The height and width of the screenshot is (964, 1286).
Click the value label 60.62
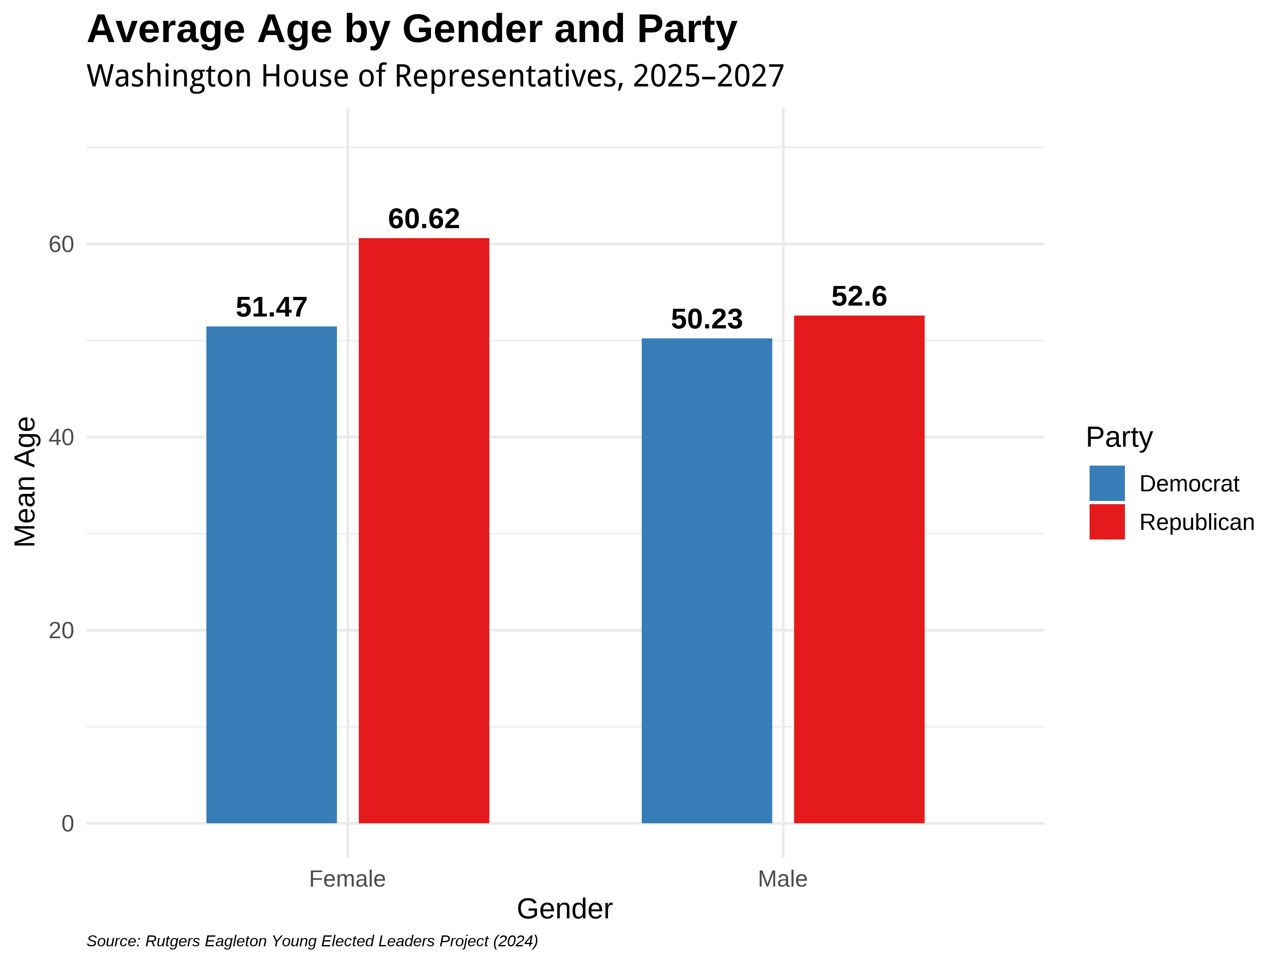click(x=424, y=219)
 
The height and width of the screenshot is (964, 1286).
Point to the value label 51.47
click(x=271, y=308)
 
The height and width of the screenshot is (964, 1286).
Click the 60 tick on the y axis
click(x=61, y=245)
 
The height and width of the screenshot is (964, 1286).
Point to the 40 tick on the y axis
click(x=61, y=438)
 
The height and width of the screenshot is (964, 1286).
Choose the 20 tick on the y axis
click(x=61, y=630)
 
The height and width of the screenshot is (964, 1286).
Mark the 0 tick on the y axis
click(x=68, y=823)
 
